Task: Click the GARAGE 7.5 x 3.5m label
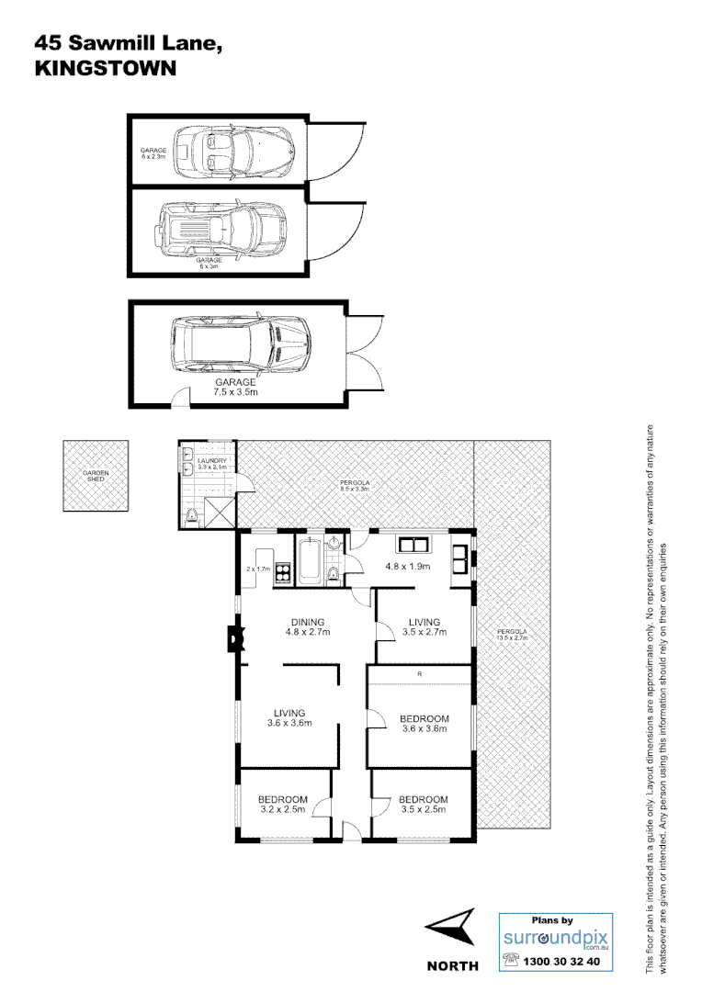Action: pyautogui.click(x=235, y=386)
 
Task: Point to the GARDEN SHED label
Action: pyautogui.click(x=96, y=475)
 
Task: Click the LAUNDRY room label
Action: pyautogui.click(x=211, y=463)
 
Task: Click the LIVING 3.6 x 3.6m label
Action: pyautogui.click(x=289, y=717)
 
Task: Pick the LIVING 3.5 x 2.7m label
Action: pyautogui.click(x=424, y=627)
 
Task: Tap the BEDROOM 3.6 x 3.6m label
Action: pyautogui.click(x=424, y=724)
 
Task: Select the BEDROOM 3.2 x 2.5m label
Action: pyautogui.click(x=282, y=805)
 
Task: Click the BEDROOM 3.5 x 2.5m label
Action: pyautogui.click(x=423, y=805)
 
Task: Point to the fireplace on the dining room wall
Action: pyautogui.click(x=235, y=637)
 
